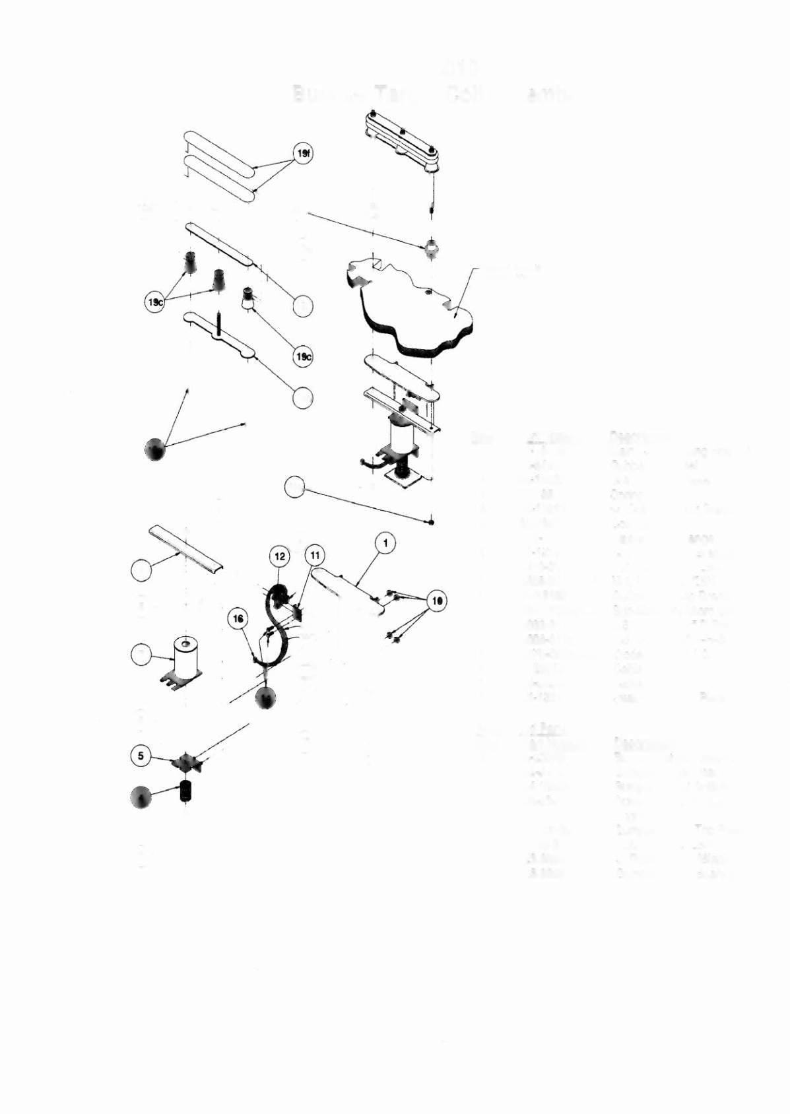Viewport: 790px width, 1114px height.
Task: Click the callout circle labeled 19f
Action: (303, 154)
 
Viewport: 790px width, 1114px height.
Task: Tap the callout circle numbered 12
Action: (280, 556)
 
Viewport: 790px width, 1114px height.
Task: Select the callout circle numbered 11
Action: (315, 556)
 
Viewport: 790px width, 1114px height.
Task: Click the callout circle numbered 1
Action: (385, 543)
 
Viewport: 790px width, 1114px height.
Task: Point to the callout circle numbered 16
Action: (238, 618)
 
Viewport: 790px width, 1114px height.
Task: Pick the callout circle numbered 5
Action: (141, 756)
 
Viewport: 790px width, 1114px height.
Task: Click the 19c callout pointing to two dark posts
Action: (154, 302)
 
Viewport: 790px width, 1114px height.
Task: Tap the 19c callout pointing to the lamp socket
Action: (303, 357)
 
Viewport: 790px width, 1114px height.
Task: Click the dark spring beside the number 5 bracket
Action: (185, 790)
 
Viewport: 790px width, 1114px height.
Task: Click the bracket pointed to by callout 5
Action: (187, 763)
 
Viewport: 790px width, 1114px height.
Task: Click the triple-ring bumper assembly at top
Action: (401, 141)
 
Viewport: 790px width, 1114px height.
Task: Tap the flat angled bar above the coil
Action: (185, 547)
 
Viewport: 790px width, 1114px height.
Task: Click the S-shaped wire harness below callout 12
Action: (277, 627)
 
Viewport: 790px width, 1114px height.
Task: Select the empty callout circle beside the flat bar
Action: (141, 570)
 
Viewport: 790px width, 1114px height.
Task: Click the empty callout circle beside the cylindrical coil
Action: (141, 655)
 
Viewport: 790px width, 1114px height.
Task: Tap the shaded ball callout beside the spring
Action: (141, 797)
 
